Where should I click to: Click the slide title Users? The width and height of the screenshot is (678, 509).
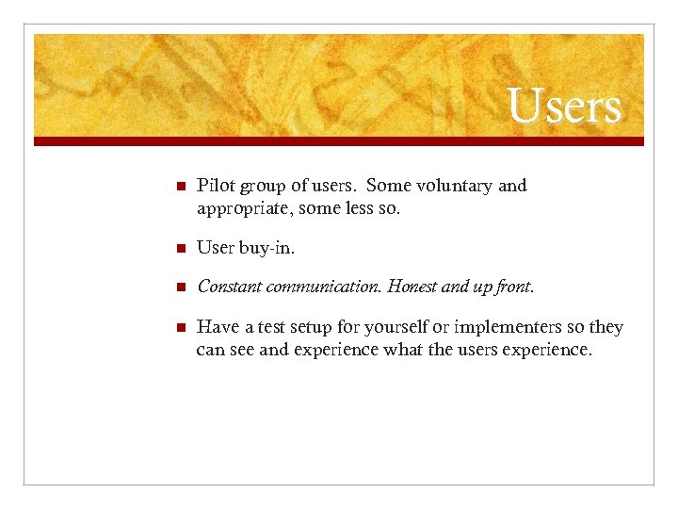click(565, 106)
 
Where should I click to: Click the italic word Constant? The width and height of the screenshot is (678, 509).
click(230, 286)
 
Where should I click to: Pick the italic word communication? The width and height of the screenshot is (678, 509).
click(325, 286)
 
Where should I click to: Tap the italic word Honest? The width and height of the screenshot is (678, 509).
click(415, 286)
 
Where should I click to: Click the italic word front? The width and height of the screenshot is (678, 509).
click(513, 286)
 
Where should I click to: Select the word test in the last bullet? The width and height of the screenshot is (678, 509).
click(269, 327)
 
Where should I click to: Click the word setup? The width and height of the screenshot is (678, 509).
click(314, 328)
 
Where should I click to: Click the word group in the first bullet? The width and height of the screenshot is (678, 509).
click(260, 187)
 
